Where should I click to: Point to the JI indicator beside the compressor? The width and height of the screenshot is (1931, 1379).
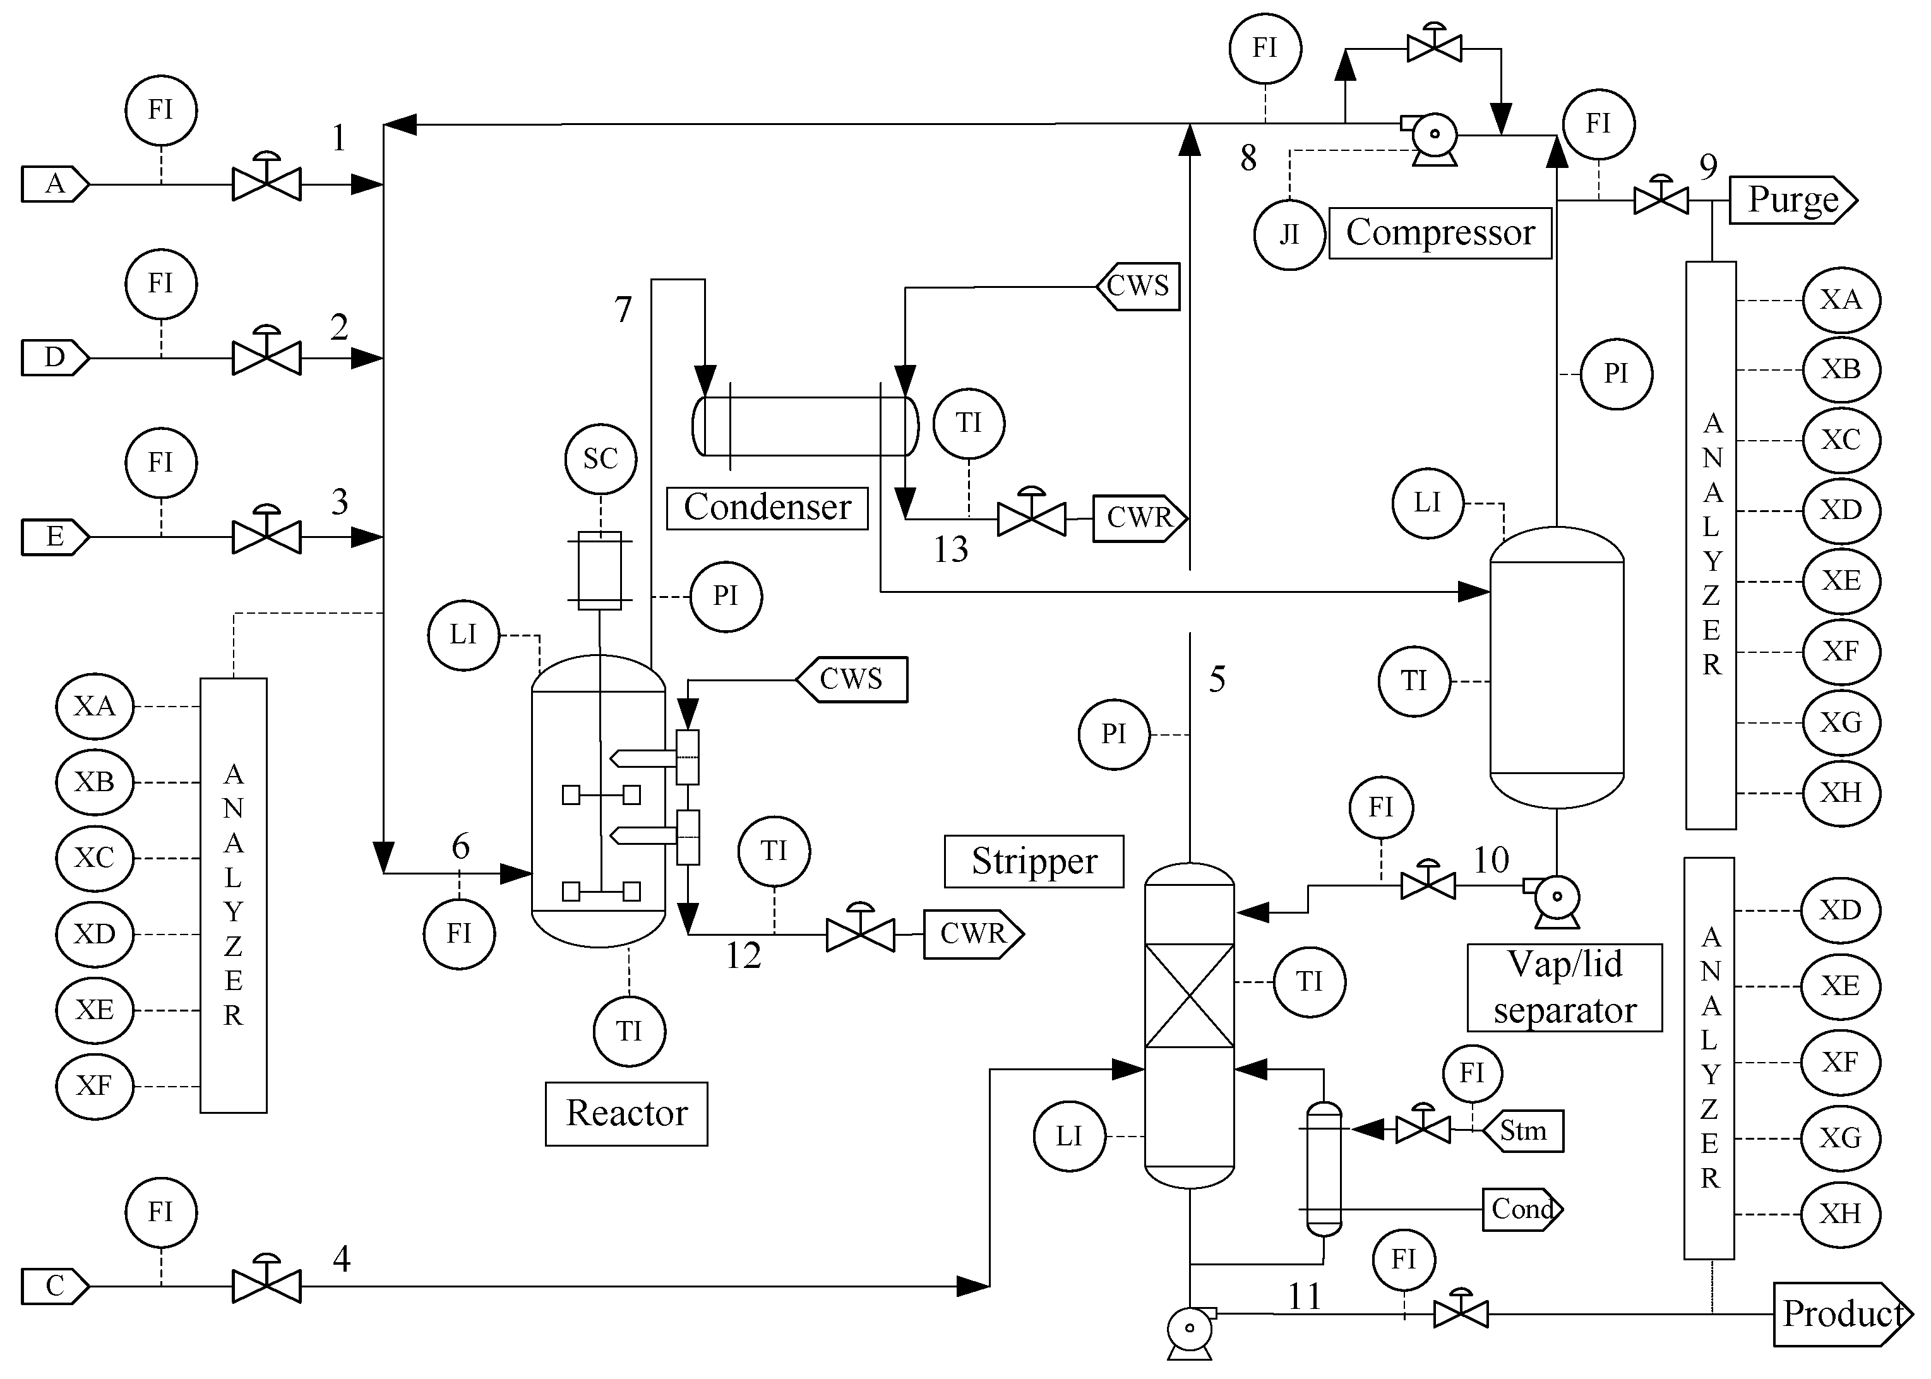coord(1289,234)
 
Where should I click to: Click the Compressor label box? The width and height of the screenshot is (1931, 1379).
coord(1439,232)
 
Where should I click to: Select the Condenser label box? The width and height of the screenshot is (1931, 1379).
coord(767,508)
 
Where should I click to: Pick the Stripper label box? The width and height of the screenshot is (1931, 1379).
coord(1034,861)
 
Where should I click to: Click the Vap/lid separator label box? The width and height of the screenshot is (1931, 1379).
coord(1564,988)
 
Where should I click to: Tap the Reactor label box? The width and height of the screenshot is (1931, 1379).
coord(626,1113)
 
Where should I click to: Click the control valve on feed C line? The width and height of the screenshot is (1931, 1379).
coord(266,1286)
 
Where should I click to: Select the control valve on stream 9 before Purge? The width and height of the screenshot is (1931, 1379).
coord(1661,200)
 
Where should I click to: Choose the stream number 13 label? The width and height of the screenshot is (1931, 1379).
coord(950,550)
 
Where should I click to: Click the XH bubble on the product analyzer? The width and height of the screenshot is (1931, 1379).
coord(1840,1214)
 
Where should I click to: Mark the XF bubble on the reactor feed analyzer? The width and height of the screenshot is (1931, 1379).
coord(94,1085)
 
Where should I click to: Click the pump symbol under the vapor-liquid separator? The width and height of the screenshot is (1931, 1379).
coord(1557,899)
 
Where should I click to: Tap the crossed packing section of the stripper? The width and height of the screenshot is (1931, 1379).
coord(1189,995)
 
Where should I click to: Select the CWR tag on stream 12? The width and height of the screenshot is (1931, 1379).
coord(973,934)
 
